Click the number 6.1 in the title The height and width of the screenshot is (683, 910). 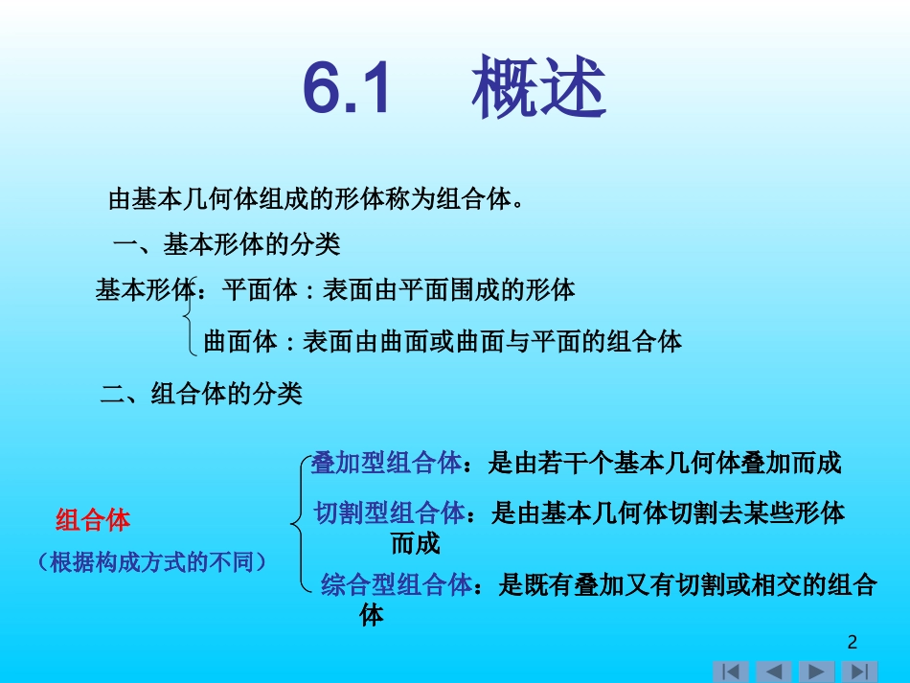pyautogui.click(x=348, y=89)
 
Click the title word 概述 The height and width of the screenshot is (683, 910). pyautogui.click(x=538, y=89)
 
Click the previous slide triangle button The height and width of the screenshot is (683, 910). pyautogui.click(x=774, y=672)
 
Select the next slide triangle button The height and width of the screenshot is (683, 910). pyautogui.click(x=816, y=672)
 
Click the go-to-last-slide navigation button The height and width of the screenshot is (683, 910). pyautogui.click(x=859, y=672)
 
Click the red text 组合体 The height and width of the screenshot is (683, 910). pyautogui.click(x=93, y=520)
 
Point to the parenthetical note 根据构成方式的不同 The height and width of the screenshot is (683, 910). pyautogui.click(x=152, y=561)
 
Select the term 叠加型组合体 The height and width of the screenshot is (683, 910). pyautogui.click(x=386, y=464)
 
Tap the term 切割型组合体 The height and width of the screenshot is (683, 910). pyautogui.click(x=389, y=512)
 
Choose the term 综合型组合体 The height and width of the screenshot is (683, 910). pyautogui.click(x=397, y=584)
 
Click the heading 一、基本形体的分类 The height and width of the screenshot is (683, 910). pyautogui.click(x=226, y=244)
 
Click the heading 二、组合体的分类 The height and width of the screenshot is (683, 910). pyautogui.click(x=201, y=393)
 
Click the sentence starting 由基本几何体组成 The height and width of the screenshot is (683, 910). pyautogui.click(x=316, y=199)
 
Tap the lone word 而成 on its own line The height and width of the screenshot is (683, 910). pyautogui.click(x=415, y=544)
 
